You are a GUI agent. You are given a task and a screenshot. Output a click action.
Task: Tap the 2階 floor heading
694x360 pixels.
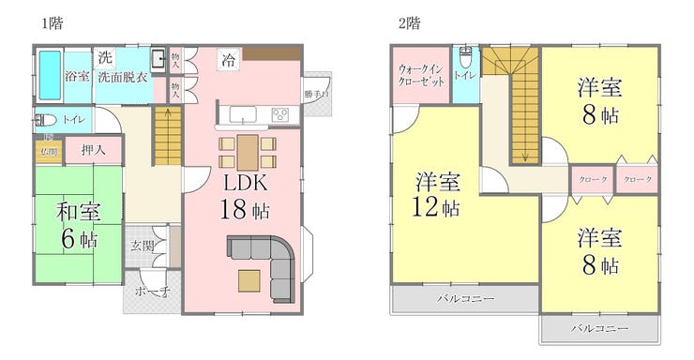click(409, 22)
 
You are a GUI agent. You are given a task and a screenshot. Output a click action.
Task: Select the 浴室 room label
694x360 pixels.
click(77, 76)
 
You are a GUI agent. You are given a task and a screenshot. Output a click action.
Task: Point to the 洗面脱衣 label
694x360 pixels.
click(124, 76)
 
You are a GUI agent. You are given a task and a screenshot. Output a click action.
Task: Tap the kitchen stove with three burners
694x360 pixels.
click(280, 115)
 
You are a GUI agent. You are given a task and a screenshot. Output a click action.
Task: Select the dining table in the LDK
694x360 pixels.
click(247, 152)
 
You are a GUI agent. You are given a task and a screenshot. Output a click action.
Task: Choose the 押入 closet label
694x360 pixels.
click(92, 150)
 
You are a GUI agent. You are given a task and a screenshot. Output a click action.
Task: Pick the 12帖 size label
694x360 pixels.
click(438, 207)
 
